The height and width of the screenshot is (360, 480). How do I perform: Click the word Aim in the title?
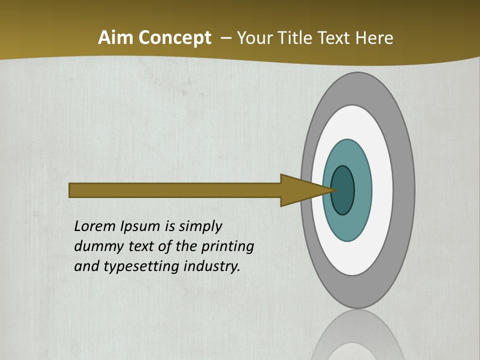point(116,38)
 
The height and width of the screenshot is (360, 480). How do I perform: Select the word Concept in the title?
point(175,38)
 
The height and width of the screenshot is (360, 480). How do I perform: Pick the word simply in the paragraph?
point(200,226)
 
